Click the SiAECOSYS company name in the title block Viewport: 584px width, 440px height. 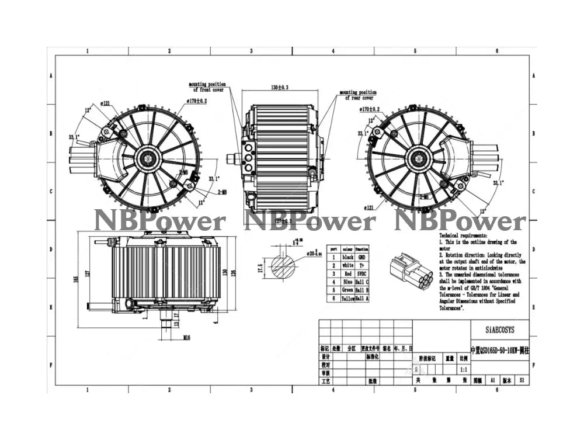[499, 330]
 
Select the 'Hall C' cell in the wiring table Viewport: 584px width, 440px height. [362, 281]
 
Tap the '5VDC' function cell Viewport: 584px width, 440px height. [362, 273]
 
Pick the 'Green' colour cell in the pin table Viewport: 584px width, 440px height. [347, 290]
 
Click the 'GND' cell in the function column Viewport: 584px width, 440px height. [362, 257]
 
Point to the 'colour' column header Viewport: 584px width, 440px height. [347, 248]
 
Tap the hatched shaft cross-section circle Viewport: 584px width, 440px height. [283, 267]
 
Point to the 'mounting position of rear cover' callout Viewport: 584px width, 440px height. [358, 95]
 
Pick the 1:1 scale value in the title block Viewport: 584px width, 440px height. [463, 370]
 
